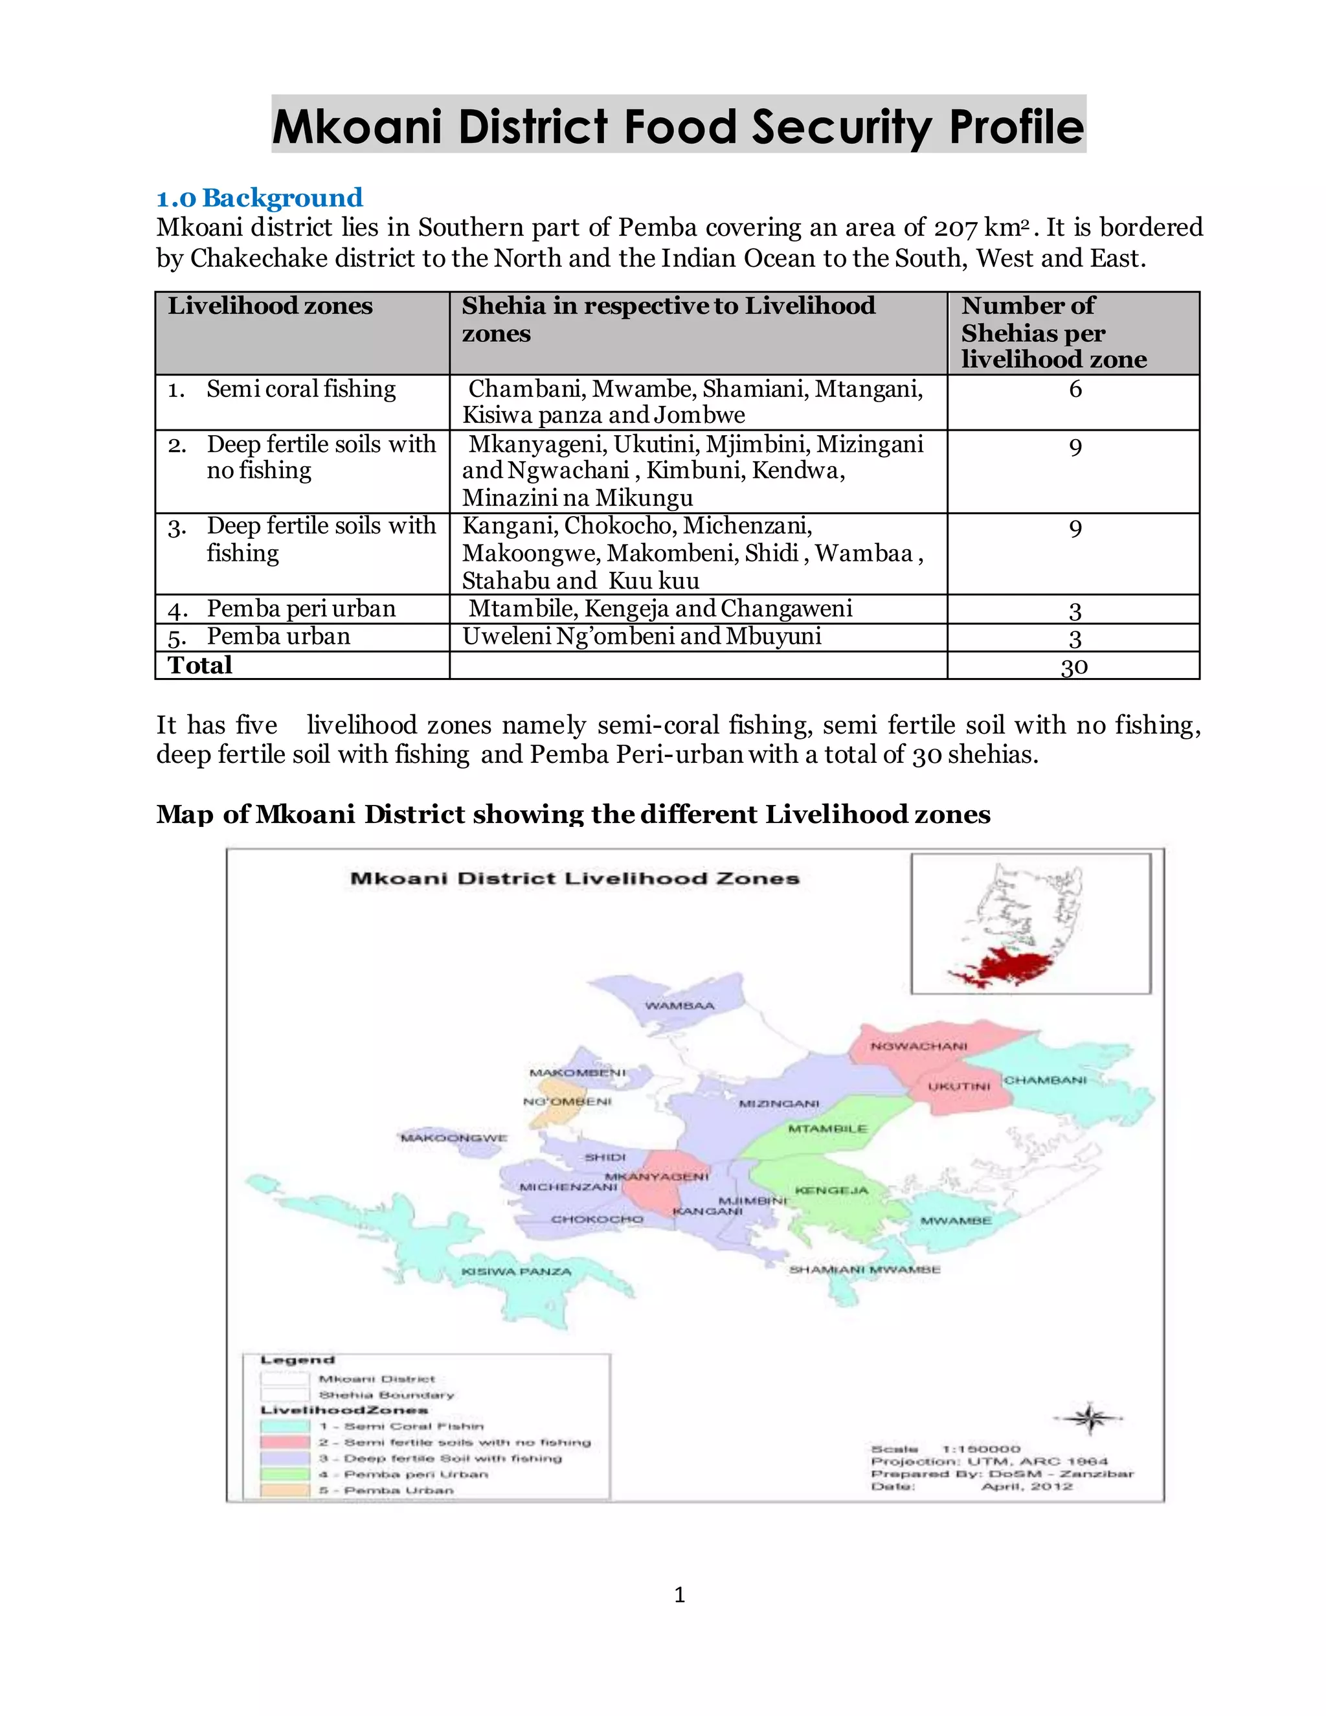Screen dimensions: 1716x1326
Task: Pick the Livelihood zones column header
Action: (269, 306)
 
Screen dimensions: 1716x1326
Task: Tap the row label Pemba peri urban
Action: (301, 609)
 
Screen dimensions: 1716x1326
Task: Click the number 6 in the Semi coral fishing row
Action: (1075, 389)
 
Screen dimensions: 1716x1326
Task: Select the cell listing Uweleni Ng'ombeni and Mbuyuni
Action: (641, 637)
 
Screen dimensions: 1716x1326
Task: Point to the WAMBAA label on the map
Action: (679, 1006)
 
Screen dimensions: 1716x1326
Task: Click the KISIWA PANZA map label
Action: (516, 1271)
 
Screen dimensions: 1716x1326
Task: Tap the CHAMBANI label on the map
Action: (1045, 1080)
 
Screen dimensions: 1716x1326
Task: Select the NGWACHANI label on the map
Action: (918, 1046)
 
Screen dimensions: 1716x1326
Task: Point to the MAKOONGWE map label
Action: (454, 1138)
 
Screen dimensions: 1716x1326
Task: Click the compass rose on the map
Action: (1090, 1418)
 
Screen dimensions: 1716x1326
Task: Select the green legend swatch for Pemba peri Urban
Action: (284, 1474)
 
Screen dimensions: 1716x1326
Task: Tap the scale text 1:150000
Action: (980, 1449)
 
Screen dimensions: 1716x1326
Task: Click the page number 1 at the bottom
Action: (679, 1594)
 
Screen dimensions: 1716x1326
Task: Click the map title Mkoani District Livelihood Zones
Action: (574, 879)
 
